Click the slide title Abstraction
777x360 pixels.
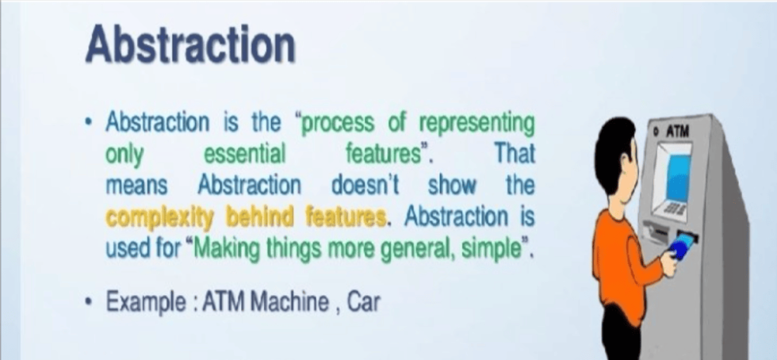point(190,46)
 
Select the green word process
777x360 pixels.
point(339,124)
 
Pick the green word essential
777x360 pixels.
point(245,154)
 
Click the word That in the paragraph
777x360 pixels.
point(515,154)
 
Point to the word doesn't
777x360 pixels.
point(366,185)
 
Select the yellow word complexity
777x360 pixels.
point(159,217)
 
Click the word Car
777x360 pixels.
point(363,301)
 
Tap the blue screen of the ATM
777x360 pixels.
point(678,177)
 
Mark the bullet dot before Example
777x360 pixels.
point(88,301)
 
